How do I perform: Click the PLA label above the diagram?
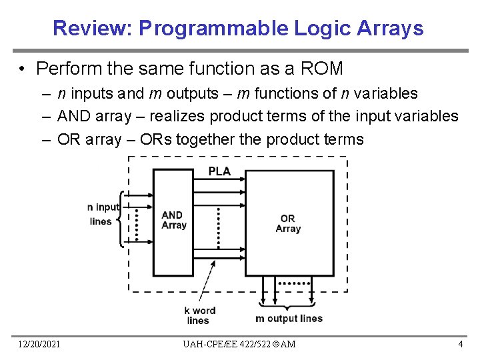[x=219, y=171]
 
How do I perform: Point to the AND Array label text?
[x=173, y=220]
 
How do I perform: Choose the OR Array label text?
[x=288, y=223]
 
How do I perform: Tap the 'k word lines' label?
[x=199, y=315]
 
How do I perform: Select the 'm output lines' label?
[x=289, y=319]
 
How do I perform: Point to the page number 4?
[x=460, y=344]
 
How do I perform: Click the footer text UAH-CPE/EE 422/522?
[x=227, y=344]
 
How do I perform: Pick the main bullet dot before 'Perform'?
[x=23, y=69]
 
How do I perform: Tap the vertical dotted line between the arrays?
[x=219, y=227]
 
